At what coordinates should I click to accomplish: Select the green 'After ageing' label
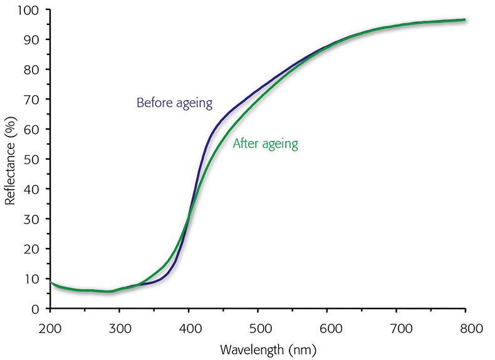pos(265,144)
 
